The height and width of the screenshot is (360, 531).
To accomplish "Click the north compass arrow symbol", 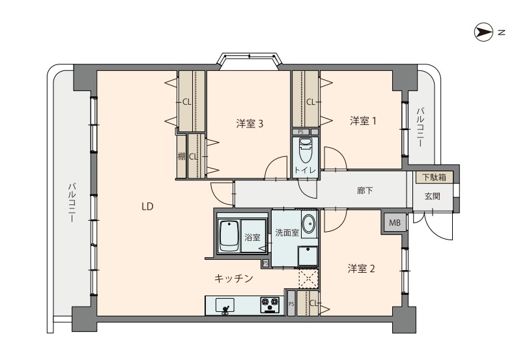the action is coord(483,33).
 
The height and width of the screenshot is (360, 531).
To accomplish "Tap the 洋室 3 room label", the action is coord(250,124).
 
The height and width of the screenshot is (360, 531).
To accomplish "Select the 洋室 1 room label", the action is coord(363,121).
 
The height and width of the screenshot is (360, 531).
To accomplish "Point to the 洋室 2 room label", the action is coord(362,269).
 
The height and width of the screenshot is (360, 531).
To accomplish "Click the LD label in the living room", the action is coord(148,206).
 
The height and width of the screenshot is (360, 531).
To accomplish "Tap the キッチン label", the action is coord(234,279).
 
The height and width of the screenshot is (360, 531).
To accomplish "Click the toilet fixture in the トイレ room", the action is coord(306,150).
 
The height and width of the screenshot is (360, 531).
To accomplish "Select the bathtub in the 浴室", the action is coord(229,236).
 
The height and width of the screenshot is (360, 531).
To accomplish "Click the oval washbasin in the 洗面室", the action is coord(309,224).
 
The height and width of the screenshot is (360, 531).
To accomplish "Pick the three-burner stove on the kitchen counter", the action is coord(270,305).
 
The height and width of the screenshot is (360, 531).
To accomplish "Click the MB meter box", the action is coord(395,223).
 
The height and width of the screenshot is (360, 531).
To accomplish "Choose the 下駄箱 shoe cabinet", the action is coord(434,177).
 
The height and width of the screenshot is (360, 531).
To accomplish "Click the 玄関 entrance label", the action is coord(433,196).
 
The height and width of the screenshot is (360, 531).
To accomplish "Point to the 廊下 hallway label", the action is coord(365,191).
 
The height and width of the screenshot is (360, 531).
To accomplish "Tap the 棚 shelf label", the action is coord(182,157).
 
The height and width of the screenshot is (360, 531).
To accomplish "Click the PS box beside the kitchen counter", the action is coord(291,304).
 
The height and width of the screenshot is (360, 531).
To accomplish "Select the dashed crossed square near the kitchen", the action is coord(308,279).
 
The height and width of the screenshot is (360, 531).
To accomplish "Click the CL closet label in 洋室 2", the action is coord(313,303).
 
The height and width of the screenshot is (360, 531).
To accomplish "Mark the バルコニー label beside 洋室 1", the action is coord(421,127).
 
